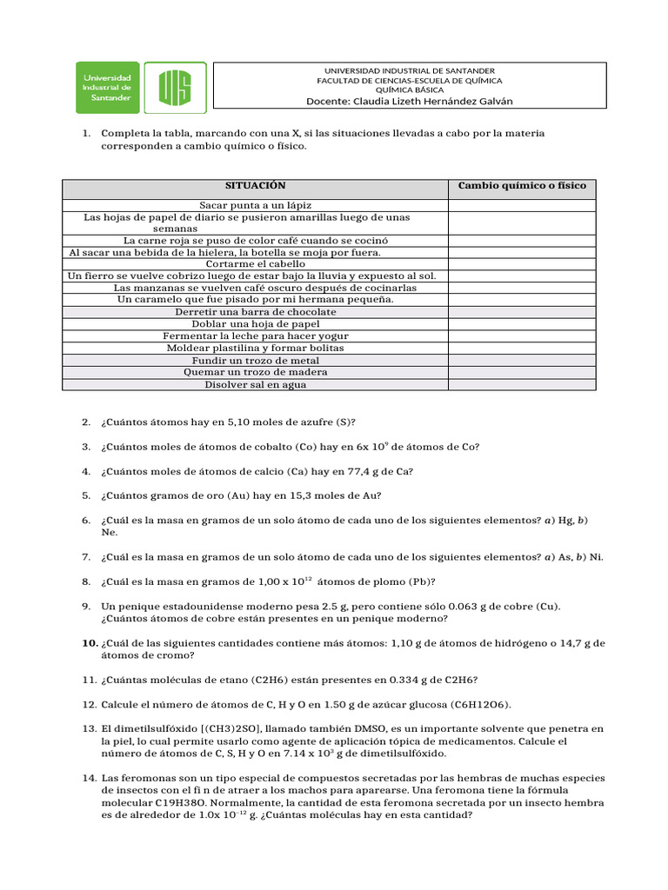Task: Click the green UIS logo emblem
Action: pos(175,87)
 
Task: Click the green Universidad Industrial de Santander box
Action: pos(107,87)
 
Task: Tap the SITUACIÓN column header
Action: pos(255,186)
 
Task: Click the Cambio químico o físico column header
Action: pos(522,186)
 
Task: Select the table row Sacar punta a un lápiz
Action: pos(255,205)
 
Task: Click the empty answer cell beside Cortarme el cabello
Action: pos(522,263)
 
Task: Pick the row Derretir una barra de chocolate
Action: pos(255,311)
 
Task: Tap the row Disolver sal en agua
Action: pos(255,384)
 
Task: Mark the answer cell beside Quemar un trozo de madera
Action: pos(522,372)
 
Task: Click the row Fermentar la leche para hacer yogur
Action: pos(255,335)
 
